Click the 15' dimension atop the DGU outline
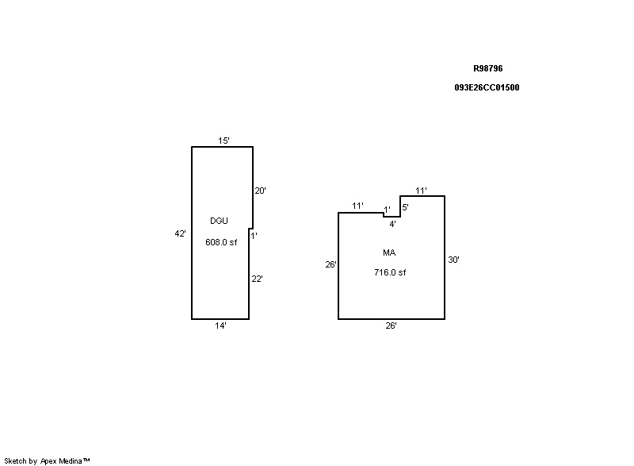click(x=224, y=141)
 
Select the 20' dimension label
click(x=259, y=191)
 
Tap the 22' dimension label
click(x=257, y=279)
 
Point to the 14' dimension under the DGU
click(x=221, y=326)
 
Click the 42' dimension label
click(x=181, y=233)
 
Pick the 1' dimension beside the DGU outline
click(x=254, y=235)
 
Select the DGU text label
click(x=219, y=221)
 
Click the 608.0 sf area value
click(x=221, y=243)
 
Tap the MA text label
click(x=389, y=252)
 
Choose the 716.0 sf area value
click(x=390, y=272)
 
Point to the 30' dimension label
click(x=453, y=259)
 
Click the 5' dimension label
click(x=405, y=207)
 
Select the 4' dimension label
click(x=392, y=224)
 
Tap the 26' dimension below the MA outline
click(x=391, y=325)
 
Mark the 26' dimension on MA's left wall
click(x=331, y=264)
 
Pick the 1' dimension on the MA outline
click(x=387, y=210)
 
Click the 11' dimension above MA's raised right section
click(x=422, y=191)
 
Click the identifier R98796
click(x=488, y=69)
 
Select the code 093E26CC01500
click(x=487, y=88)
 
